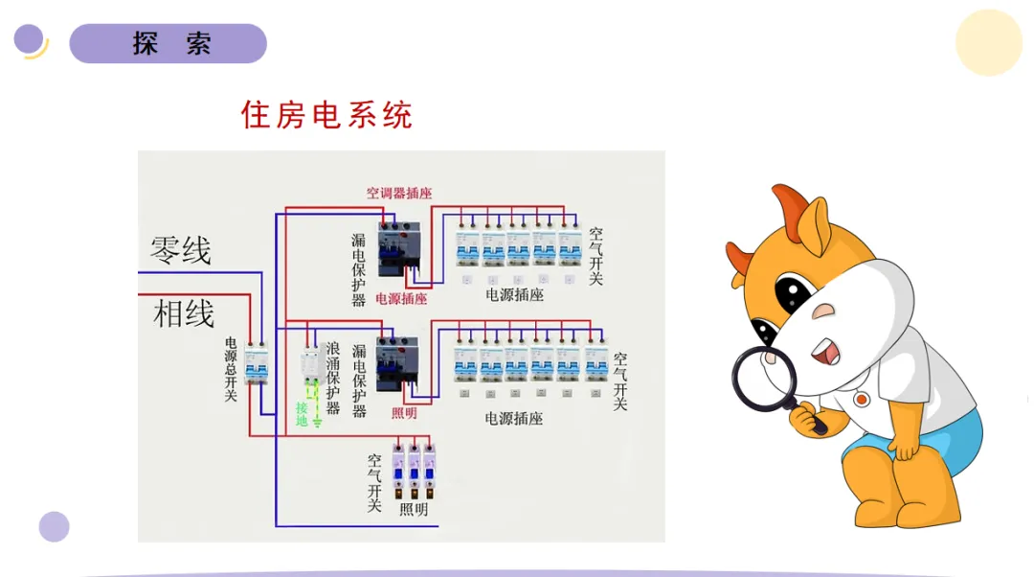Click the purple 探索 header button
coord(169,44)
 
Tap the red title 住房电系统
coord(326,115)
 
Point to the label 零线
coord(180,251)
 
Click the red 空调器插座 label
coord(398,193)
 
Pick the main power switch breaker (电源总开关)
coord(256,365)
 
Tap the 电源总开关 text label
coord(231,369)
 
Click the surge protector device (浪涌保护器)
coord(310,367)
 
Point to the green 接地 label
coord(302,413)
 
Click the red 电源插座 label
coord(401,298)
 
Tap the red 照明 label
coord(404,413)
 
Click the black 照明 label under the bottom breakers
coord(414,510)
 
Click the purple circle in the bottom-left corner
coord(55,526)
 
